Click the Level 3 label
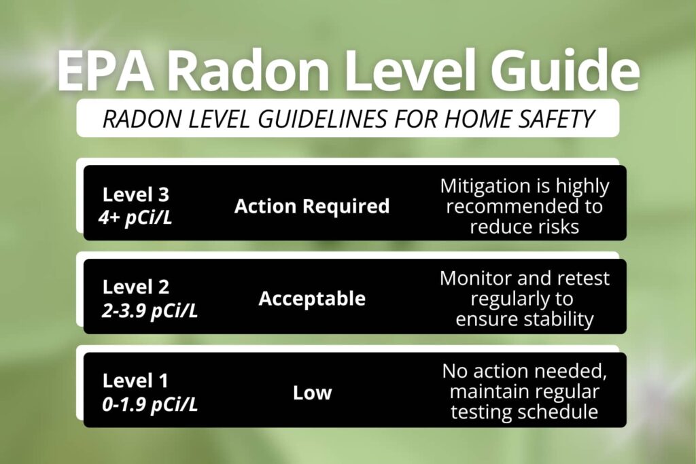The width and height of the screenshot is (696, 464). [136, 194]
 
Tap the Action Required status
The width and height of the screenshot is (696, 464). [312, 206]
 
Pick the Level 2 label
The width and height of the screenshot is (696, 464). [136, 287]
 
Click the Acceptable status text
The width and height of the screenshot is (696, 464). [312, 299]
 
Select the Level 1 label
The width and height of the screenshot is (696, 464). [135, 380]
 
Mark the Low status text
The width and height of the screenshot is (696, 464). [312, 393]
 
